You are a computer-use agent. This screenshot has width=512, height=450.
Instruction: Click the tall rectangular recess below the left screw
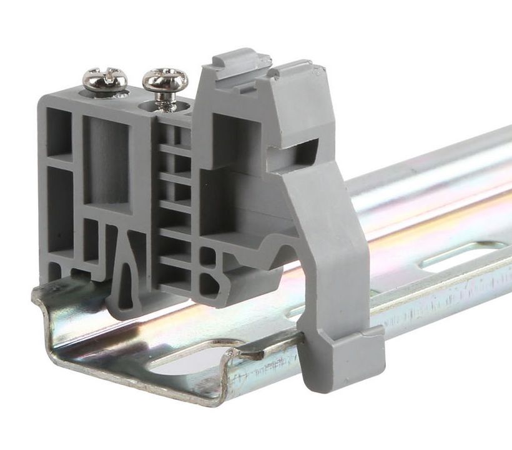tap(106, 159)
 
